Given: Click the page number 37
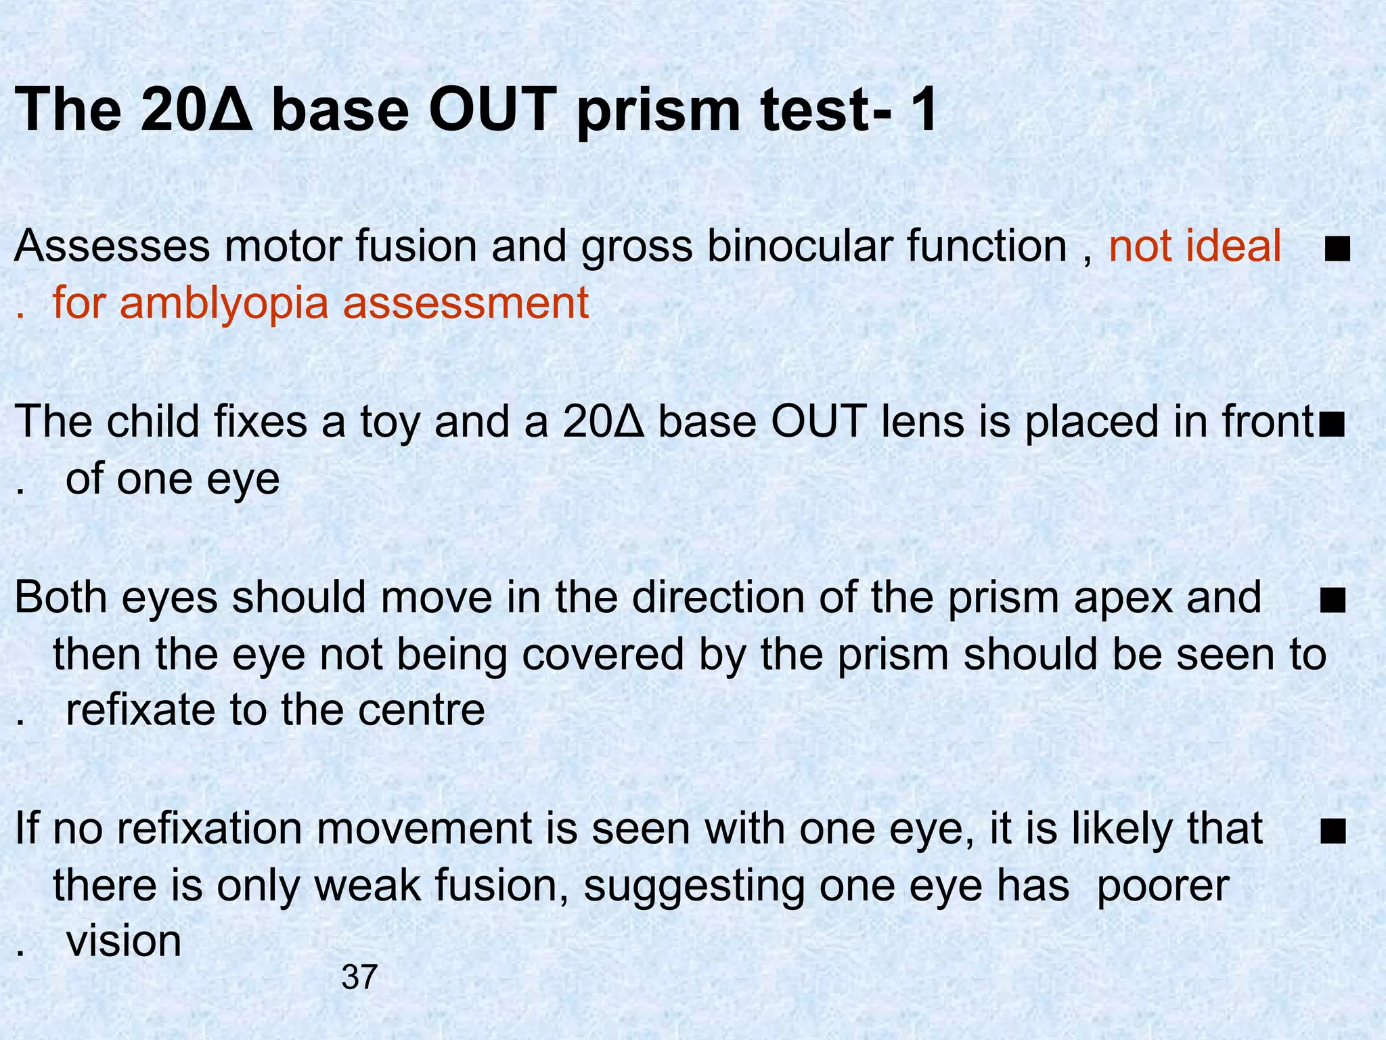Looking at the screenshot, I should [x=359, y=977].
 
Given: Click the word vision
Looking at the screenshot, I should [x=124, y=941].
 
